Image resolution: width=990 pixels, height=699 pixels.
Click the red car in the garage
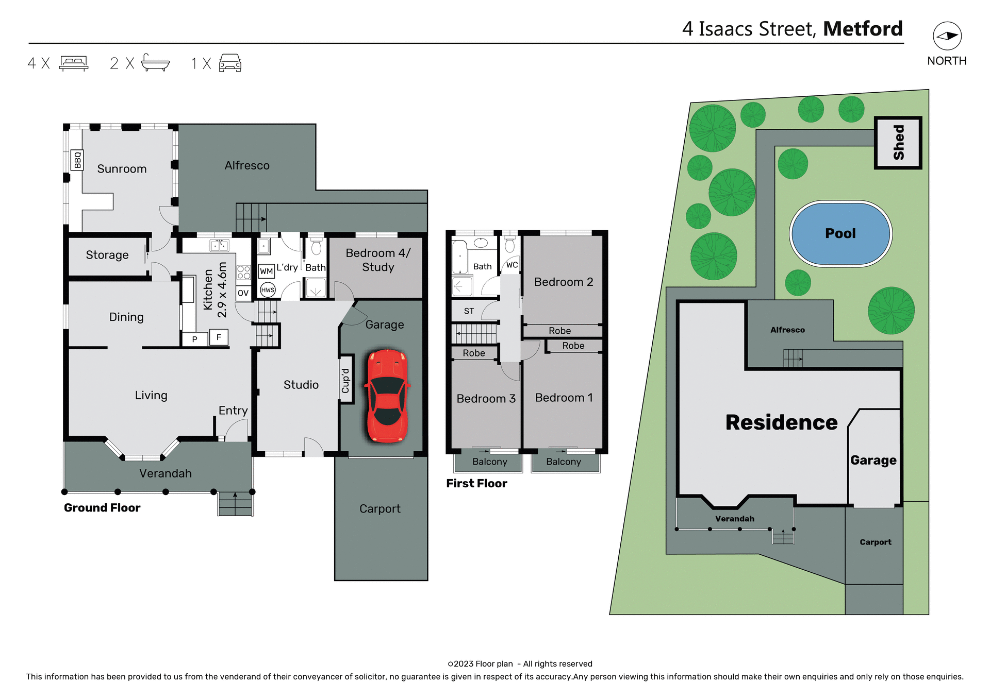click(387, 396)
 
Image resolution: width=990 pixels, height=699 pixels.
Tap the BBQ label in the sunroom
click(77, 160)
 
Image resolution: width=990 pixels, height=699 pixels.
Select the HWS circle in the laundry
click(268, 290)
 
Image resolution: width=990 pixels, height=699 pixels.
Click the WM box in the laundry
click(266, 271)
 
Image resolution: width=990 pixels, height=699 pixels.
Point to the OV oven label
click(243, 293)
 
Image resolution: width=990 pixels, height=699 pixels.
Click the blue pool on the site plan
click(840, 233)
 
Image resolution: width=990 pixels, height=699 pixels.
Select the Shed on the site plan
click(898, 143)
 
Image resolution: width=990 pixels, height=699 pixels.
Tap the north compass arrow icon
click(947, 36)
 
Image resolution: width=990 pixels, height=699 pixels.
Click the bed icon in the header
click(74, 63)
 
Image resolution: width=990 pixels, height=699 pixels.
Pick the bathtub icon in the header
click(155, 63)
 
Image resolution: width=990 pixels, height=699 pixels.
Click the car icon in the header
click(230, 63)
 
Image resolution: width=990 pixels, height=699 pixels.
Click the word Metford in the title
click(863, 29)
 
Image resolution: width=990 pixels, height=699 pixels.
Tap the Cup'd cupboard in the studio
click(346, 380)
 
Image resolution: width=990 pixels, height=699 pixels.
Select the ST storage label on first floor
click(469, 311)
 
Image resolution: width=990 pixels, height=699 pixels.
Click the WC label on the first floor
click(511, 265)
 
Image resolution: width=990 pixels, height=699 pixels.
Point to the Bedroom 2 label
click(564, 282)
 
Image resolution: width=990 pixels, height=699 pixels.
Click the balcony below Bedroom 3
click(489, 462)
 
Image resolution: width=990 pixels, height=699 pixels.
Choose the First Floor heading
click(476, 483)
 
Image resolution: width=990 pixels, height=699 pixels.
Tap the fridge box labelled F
click(219, 337)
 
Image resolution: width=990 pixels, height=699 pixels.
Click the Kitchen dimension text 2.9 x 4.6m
click(222, 290)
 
